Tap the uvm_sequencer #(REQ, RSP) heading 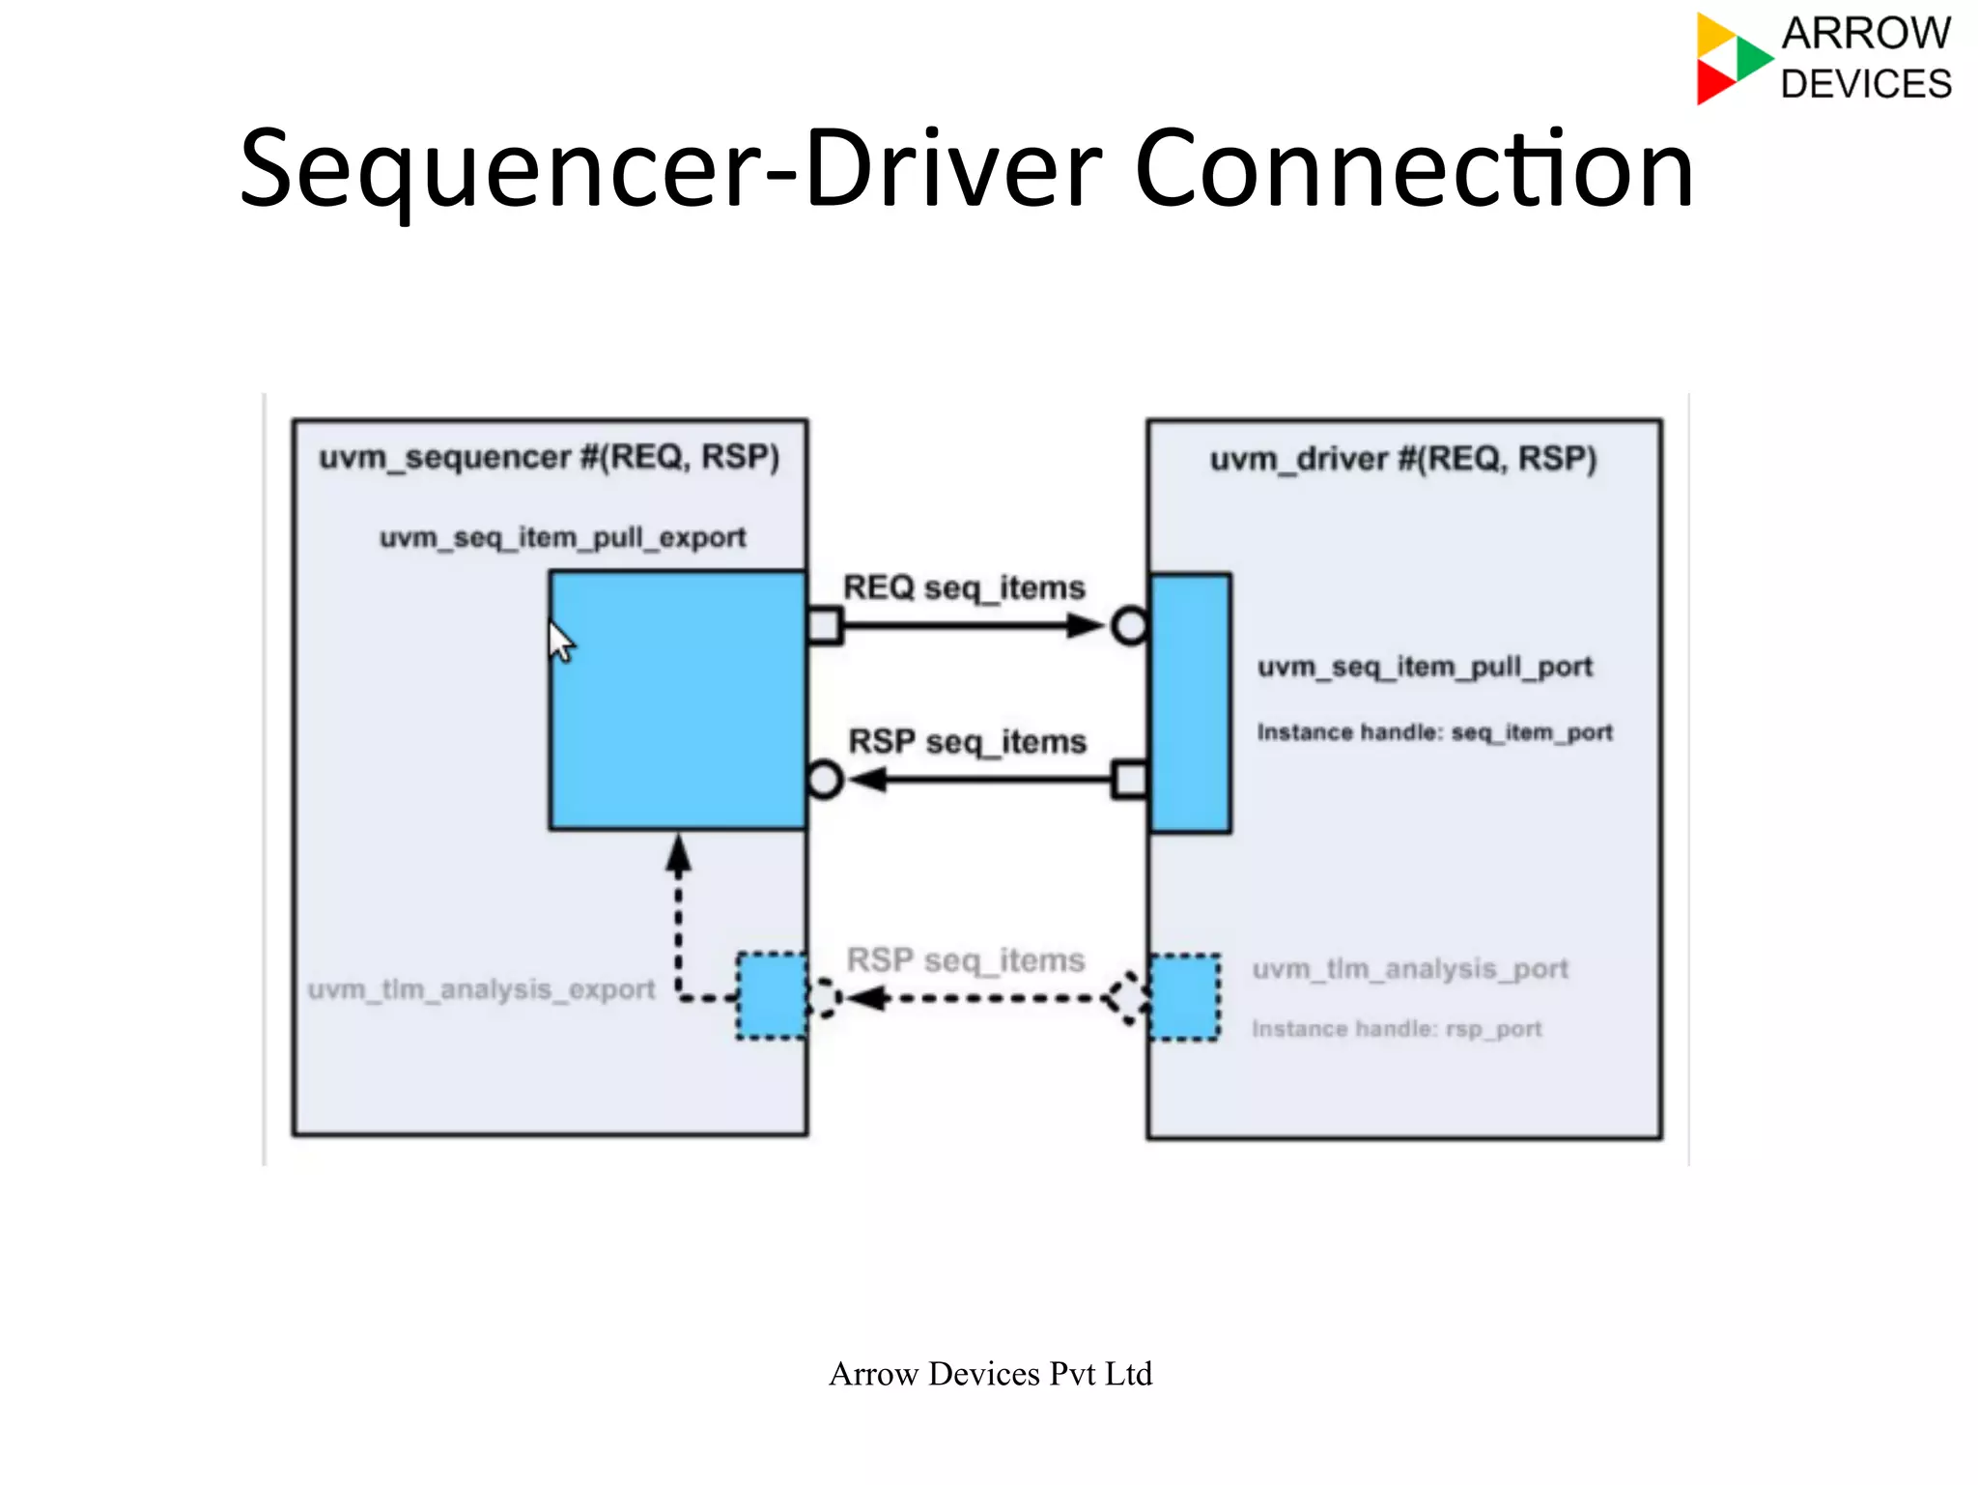(549, 457)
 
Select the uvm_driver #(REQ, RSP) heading (1402, 459)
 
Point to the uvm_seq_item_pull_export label (562, 537)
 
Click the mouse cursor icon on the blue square (560, 642)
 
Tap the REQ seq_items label (963, 587)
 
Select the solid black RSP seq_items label (967, 741)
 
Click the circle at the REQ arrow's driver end (1129, 626)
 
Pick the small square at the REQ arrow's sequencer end (825, 626)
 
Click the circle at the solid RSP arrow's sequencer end (825, 780)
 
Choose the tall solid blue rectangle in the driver (1190, 703)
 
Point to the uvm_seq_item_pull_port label (1424, 667)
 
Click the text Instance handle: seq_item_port (1434, 732)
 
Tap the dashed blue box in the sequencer (772, 996)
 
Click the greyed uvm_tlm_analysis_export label (481, 989)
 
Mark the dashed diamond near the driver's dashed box (1127, 997)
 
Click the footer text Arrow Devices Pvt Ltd (990, 1374)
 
